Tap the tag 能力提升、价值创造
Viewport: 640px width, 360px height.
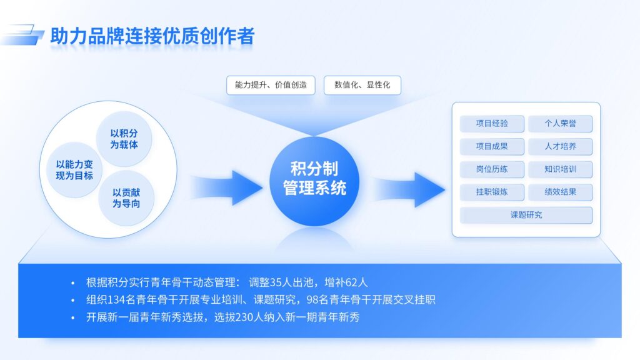[271, 85]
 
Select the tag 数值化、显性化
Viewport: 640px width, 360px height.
[362, 85]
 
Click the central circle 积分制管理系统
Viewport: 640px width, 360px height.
[314, 179]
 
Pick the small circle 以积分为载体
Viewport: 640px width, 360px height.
[124, 139]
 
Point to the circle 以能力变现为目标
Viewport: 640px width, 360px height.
[74, 169]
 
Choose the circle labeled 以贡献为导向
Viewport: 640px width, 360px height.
[126, 198]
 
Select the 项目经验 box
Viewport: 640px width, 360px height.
[492, 124]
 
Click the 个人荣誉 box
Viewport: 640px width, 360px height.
[560, 124]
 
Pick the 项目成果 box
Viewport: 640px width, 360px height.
[492, 147]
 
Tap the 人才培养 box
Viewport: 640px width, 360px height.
[560, 147]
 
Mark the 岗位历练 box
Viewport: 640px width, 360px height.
[492, 169]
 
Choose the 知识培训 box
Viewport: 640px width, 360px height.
[560, 169]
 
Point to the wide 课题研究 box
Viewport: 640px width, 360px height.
[526, 215]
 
